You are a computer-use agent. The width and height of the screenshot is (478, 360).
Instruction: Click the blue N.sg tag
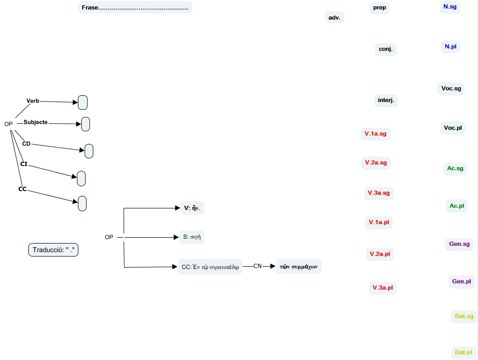coord(450,7)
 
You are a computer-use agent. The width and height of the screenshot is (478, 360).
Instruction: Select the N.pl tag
coord(451,47)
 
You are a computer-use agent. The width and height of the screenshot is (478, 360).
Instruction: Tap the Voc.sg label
coord(451,89)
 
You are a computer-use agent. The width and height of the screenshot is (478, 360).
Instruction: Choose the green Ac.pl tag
coord(456,206)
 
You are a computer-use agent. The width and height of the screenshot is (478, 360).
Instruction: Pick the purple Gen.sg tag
coord(459,244)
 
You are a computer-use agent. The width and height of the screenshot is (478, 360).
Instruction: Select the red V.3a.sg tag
coord(378,193)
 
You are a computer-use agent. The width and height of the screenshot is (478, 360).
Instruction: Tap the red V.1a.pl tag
coord(378,222)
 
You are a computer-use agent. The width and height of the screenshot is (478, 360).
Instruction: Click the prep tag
coord(379,8)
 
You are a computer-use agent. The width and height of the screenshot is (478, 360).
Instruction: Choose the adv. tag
coord(334,18)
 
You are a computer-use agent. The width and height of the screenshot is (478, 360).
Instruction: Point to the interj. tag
coord(386,101)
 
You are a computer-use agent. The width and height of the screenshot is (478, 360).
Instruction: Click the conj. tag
coord(385,49)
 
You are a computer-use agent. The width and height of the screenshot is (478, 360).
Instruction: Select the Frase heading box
coord(135,8)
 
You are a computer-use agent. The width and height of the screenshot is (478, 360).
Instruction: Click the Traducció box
coord(53,250)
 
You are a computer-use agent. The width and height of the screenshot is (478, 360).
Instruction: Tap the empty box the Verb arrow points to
coord(83,103)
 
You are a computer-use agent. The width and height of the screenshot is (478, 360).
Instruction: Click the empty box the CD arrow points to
coord(89,151)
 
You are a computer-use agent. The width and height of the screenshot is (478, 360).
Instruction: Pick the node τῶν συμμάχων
coord(298,266)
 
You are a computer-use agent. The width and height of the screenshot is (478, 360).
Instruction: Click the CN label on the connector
coord(258,266)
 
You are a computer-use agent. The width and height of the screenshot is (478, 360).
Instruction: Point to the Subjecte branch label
coord(36,122)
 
